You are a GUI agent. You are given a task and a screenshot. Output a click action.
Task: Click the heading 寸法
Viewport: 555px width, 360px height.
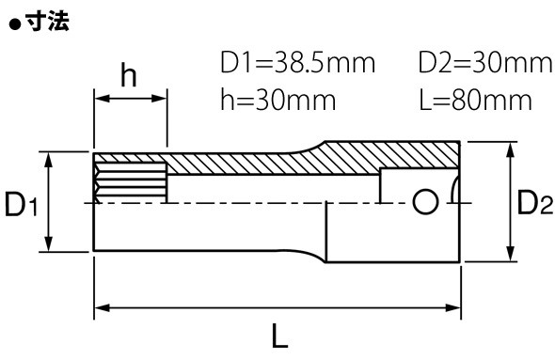(47, 22)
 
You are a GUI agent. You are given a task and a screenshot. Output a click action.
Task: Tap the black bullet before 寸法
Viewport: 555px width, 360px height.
(15, 25)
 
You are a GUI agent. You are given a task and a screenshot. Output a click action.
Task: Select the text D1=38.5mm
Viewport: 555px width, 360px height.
(297, 63)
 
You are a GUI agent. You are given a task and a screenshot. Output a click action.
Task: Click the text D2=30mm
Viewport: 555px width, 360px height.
(485, 63)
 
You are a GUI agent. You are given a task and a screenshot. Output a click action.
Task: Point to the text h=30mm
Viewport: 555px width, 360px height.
(278, 100)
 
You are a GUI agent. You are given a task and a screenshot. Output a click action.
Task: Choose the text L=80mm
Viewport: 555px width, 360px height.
(475, 100)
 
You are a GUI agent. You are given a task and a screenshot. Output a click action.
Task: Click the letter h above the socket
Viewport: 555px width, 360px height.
(129, 74)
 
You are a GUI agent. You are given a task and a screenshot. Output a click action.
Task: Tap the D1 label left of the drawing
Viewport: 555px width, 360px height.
(21, 204)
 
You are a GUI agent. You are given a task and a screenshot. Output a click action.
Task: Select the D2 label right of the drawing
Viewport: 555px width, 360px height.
(535, 202)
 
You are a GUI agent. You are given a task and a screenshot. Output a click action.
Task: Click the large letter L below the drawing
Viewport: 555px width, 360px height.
(280, 336)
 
